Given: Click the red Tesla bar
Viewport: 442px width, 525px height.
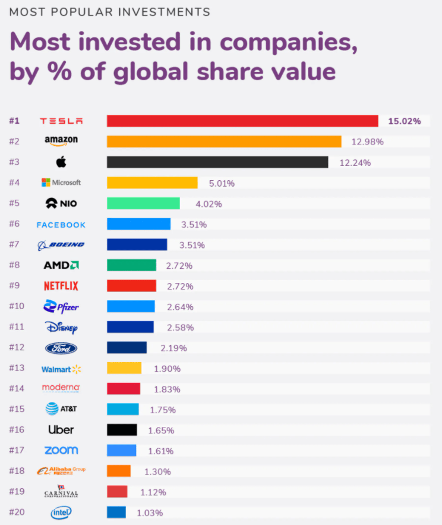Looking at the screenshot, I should point(242,121).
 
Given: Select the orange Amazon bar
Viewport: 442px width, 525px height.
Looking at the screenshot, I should point(224,142).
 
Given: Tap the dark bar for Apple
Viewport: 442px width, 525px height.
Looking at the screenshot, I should point(217,162).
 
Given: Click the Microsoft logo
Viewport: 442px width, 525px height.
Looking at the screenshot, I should point(61,183).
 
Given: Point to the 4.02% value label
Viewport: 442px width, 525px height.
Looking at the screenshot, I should point(209,204).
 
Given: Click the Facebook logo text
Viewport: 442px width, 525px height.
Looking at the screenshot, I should point(61,225).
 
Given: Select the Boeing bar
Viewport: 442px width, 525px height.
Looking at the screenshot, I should point(137,245).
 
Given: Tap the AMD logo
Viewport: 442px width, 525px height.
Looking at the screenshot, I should point(61,265).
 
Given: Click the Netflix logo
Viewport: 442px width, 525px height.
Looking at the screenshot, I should point(61,286).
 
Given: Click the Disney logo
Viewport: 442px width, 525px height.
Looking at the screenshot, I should point(61,327).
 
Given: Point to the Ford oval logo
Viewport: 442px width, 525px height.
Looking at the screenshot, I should point(61,348).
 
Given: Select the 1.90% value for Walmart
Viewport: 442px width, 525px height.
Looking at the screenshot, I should point(167,369).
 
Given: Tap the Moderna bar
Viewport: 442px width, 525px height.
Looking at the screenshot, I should point(124,389).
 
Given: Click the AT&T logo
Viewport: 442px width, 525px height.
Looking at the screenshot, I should point(61,409).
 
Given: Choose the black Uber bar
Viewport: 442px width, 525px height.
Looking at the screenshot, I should point(122,430).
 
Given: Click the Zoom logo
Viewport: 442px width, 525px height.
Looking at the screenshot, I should point(61,450).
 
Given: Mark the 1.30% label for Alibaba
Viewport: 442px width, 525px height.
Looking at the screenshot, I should point(157,471).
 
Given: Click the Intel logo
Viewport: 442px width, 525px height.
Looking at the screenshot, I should point(61,512).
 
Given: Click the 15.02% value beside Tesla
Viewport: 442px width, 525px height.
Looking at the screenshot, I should point(405,121).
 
